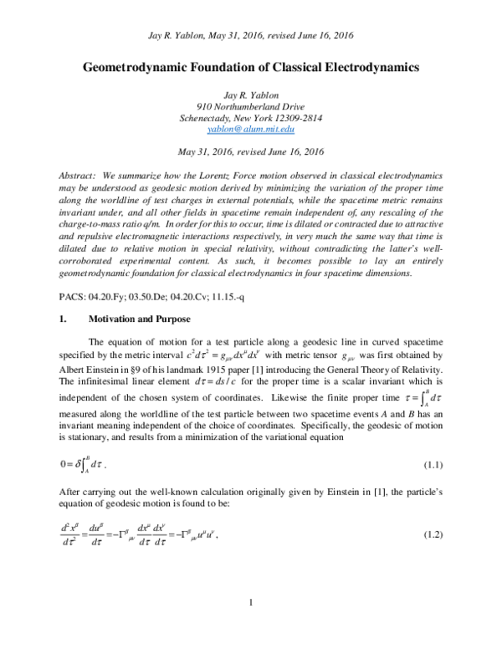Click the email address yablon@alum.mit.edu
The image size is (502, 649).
pos(251,130)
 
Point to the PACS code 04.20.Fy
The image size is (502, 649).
pos(114,273)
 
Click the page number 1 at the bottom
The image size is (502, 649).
pos(251,603)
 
